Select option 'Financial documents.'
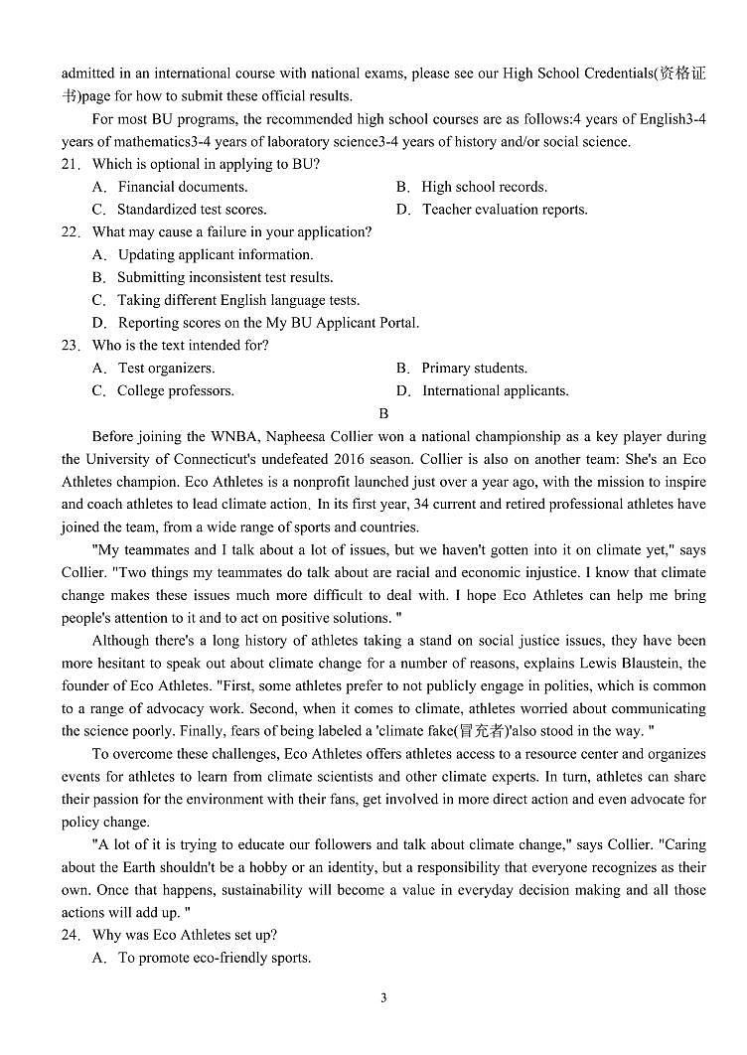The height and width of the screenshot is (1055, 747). tap(182, 187)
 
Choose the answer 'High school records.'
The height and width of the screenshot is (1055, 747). tap(484, 187)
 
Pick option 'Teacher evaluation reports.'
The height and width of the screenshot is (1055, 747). tap(505, 210)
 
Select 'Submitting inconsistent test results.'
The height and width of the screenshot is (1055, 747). tap(224, 277)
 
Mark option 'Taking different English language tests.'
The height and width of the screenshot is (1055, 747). tap(238, 300)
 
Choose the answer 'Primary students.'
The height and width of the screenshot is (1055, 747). tap(474, 369)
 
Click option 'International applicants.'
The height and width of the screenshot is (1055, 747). tap(495, 391)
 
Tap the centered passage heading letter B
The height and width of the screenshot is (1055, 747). tap(383, 414)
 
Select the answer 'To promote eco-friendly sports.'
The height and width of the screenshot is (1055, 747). tap(214, 959)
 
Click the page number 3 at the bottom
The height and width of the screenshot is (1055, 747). tap(383, 998)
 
